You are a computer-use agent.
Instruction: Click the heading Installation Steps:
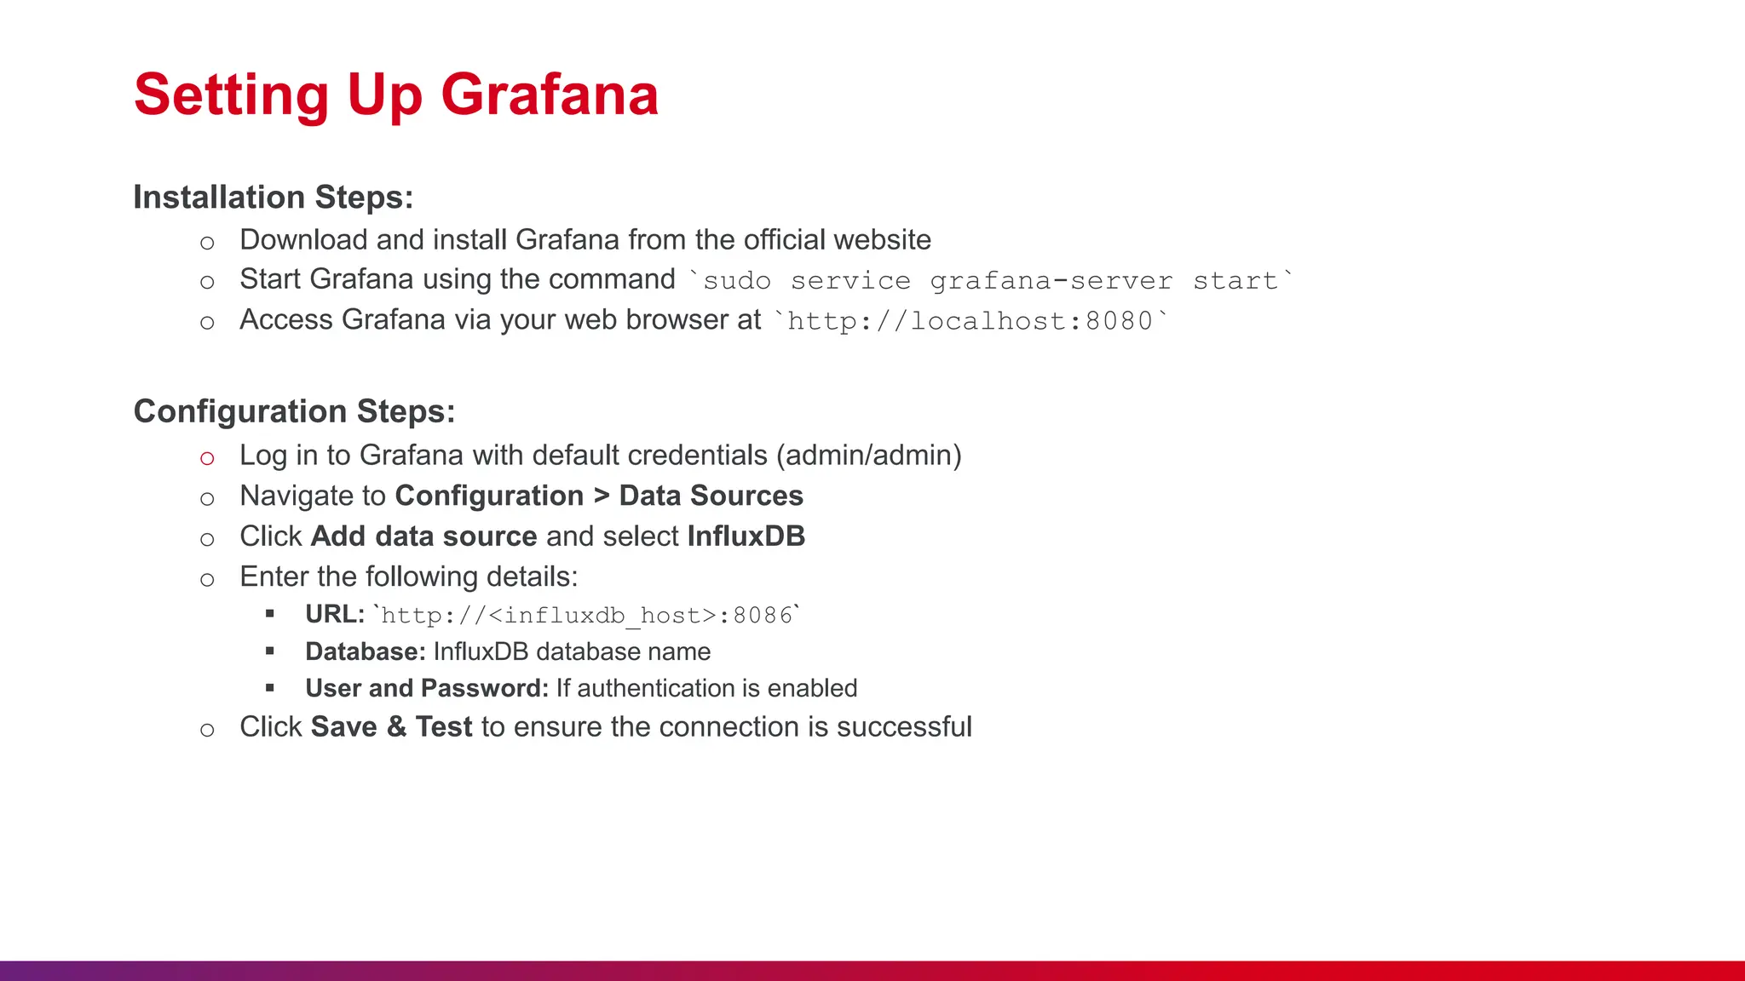[273, 197]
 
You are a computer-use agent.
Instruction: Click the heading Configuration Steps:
[294, 411]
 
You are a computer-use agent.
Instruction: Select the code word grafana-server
[1051, 281]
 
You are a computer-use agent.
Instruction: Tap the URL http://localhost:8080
[970, 321]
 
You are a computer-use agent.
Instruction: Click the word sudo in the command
[737, 281]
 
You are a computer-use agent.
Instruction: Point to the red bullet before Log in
[207, 458]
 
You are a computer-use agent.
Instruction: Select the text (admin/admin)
[868, 456]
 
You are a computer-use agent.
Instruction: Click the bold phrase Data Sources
[711, 496]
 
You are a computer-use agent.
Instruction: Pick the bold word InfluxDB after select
[746, 536]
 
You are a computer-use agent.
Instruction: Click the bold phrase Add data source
[423, 536]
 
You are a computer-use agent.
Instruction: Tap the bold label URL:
[335, 614]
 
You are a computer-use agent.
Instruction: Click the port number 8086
[763, 615]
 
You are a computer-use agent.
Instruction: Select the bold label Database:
[366, 651]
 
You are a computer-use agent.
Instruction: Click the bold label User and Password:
[427, 688]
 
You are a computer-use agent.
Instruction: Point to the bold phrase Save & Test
[391, 727]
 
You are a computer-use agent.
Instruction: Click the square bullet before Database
[270, 651]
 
